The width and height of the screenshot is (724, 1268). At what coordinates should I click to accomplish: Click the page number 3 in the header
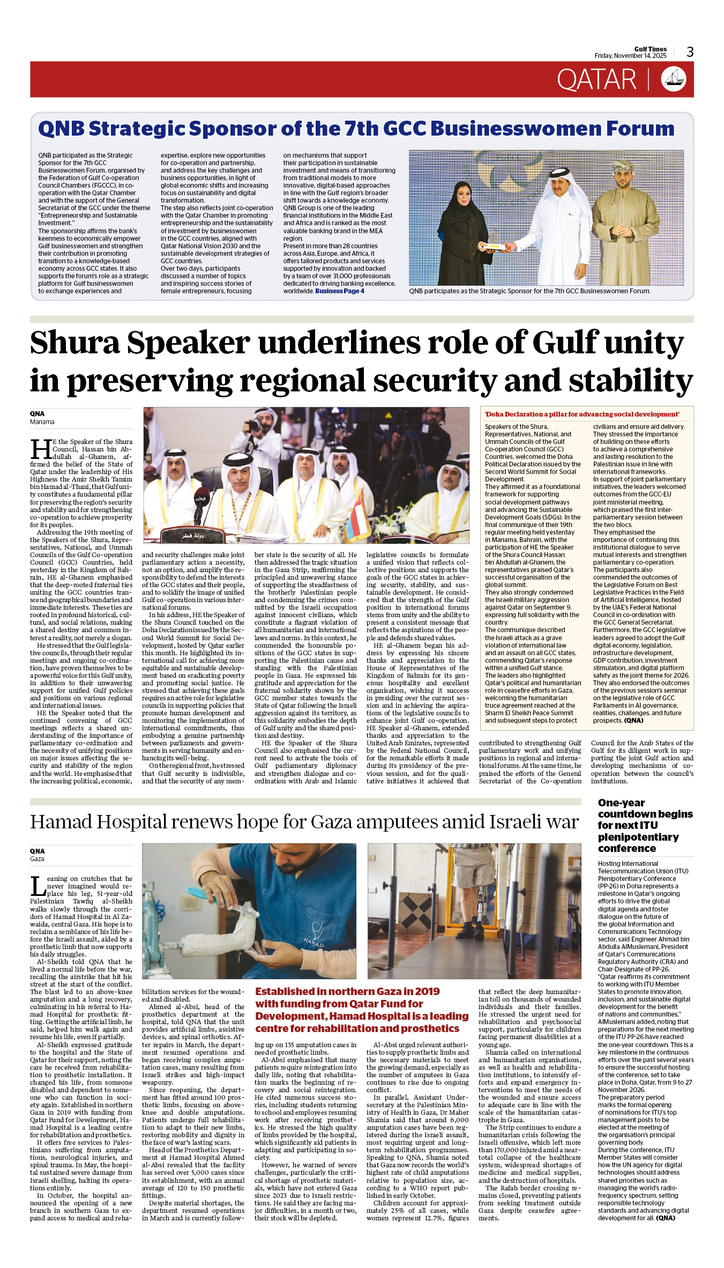(x=690, y=52)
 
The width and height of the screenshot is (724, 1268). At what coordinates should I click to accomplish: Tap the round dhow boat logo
(x=673, y=80)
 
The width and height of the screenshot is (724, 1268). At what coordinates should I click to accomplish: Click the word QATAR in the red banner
(x=596, y=80)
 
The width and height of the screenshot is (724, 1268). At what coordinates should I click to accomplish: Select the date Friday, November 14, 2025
(x=630, y=56)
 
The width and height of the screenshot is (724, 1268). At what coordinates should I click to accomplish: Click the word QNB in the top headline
(x=61, y=129)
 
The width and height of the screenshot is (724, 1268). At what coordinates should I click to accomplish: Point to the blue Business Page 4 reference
(x=340, y=291)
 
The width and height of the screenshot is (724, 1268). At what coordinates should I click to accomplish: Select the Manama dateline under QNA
(x=42, y=422)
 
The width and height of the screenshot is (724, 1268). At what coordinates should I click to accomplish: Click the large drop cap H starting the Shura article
(x=41, y=449)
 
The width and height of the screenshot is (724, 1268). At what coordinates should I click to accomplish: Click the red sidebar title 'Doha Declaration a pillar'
(x=582, y=414)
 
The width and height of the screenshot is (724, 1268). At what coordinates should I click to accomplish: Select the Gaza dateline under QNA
(x=37, y=859)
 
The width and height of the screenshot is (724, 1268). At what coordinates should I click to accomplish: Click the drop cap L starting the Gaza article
(x=38, y=886)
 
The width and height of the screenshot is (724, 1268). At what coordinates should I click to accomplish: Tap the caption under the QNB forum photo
(x=529, y=291)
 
